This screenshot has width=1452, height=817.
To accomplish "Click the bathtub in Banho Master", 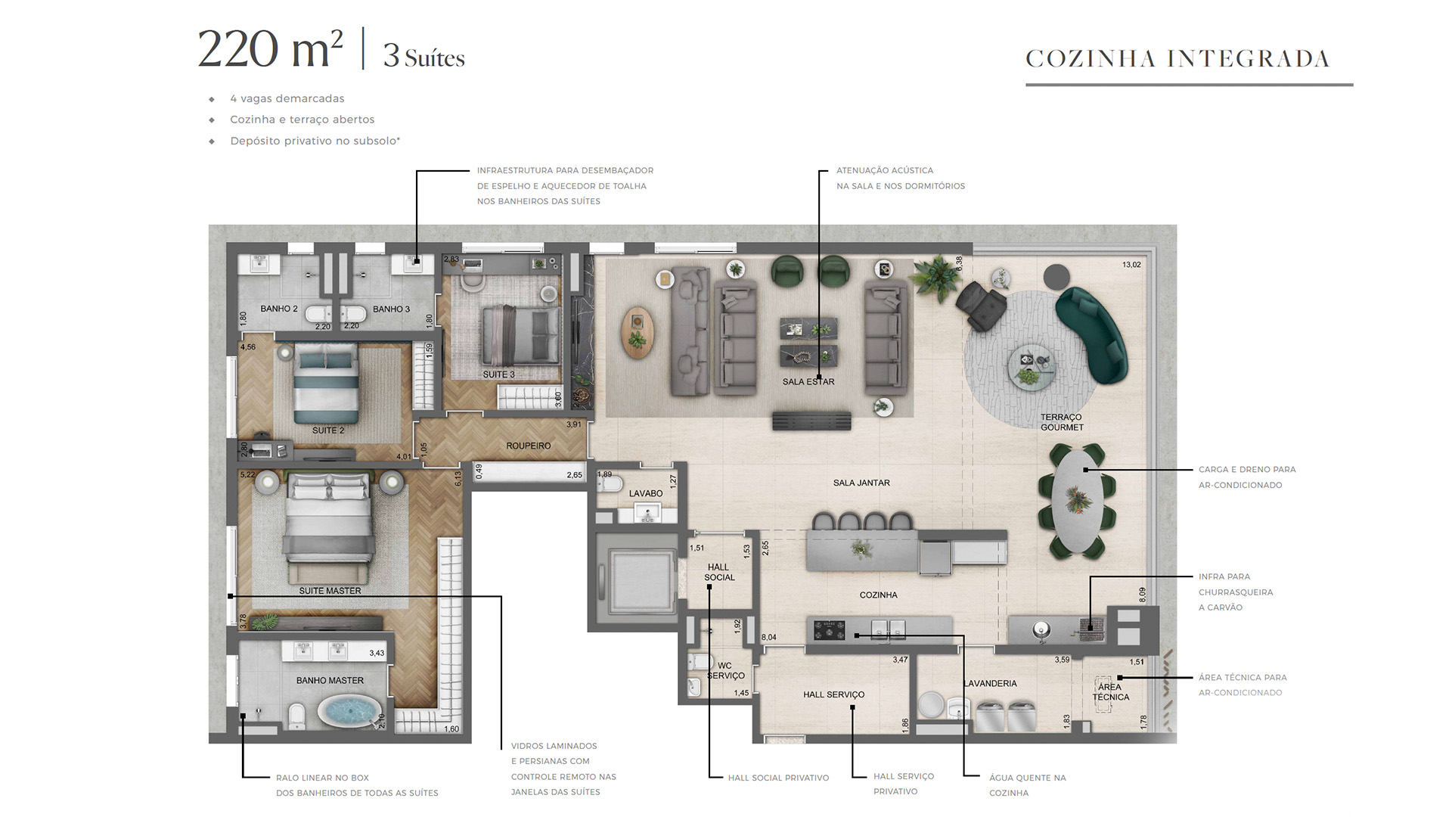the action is [349, 711].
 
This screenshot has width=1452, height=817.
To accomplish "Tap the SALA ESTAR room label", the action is [808, 382].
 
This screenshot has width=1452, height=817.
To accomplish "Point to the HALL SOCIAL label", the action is [719, 572].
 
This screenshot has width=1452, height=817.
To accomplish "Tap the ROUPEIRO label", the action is [529, 446].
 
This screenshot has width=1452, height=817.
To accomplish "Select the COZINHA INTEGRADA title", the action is [1177, 59].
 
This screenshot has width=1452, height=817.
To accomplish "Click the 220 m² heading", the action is [270, 49].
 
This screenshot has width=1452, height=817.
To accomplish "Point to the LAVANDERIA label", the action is [990, 684].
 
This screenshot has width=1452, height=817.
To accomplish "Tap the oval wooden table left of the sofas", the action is [638, 332].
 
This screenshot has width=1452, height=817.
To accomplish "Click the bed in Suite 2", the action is [327, 384].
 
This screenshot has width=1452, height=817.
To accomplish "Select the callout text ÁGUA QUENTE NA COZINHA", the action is [1027, 785].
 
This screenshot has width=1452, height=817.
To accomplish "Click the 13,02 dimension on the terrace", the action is [1131, 265].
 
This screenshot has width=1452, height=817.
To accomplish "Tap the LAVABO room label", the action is [646, 493].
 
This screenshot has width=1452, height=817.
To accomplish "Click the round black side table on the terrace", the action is [1056, 276].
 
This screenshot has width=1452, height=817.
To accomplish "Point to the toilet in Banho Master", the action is [297, 713].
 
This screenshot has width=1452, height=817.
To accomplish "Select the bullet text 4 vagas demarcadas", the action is [287, 98].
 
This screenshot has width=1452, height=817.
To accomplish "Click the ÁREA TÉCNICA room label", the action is [1110, 692].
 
